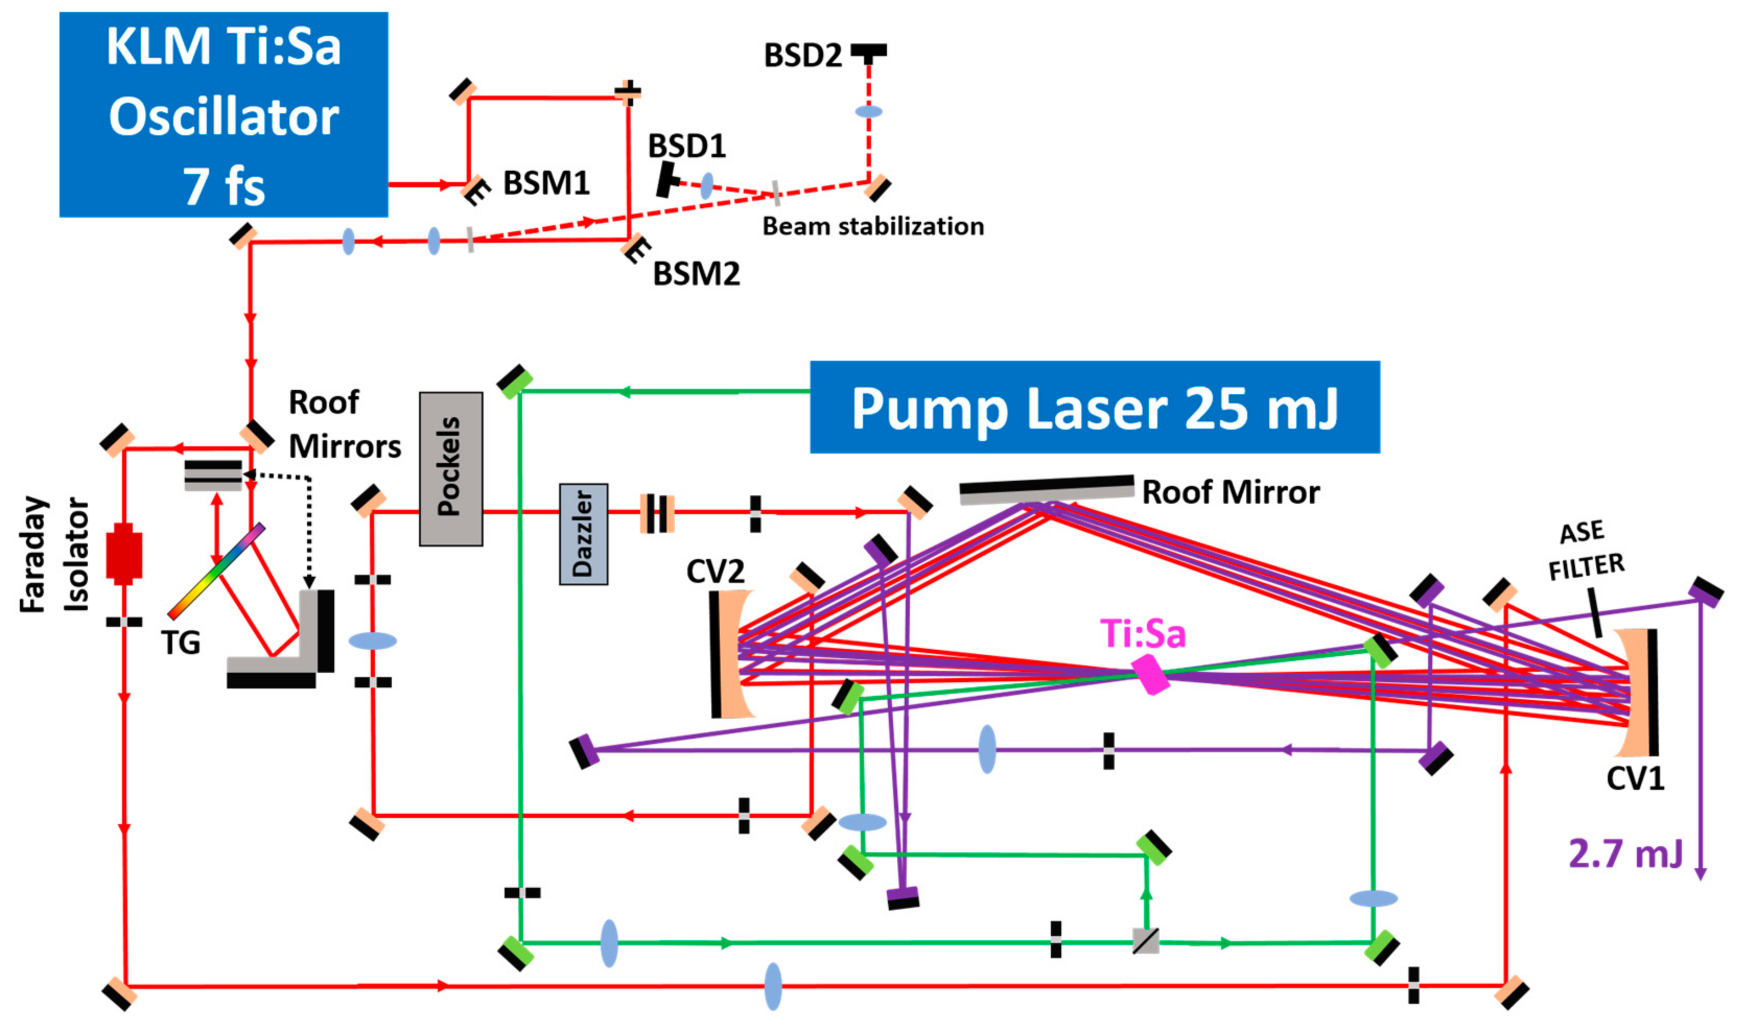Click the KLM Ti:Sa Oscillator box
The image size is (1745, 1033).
[224, 114]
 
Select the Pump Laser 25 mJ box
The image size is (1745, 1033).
[1095, 407]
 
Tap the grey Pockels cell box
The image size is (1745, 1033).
[451, 469]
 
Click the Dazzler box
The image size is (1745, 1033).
[583, 535]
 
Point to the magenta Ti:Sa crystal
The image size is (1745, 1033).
[1150, 674]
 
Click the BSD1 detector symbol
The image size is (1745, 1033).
[667, 180]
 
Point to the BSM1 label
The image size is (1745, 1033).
[547, 183]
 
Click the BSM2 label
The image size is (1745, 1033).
[696, 274]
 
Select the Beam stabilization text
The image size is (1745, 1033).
[873, 226]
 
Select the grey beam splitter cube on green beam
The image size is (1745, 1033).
[1145, 941]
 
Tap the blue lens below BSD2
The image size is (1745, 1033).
[869, 111]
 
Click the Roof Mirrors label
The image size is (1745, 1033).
[345, 424]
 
